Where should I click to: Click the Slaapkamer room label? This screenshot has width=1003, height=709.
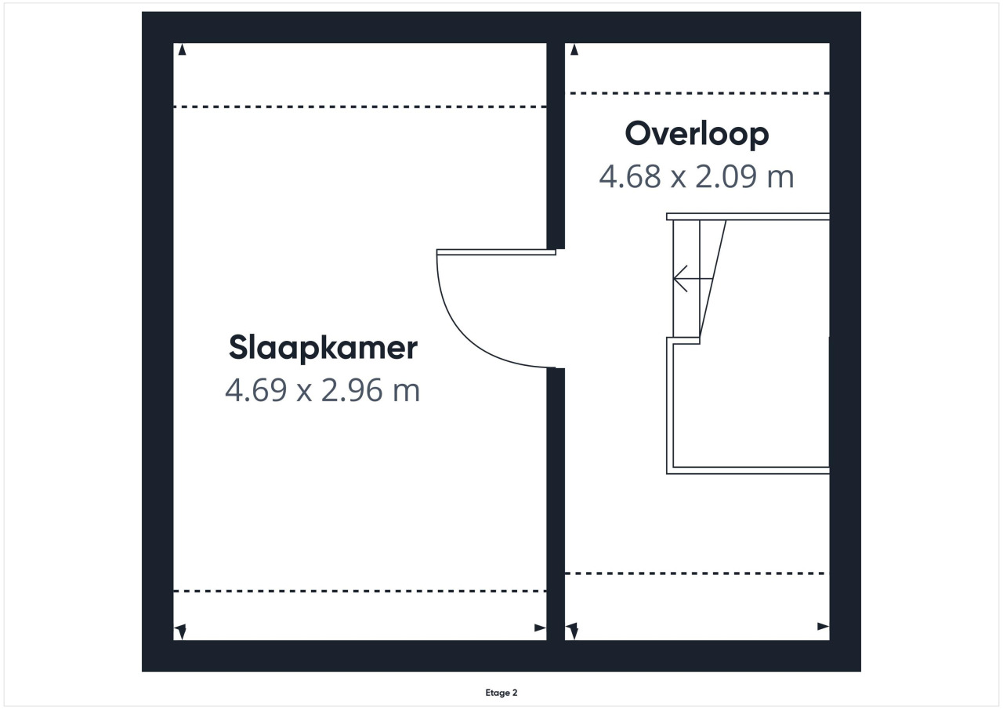323,348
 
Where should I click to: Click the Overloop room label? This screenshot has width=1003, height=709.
697,133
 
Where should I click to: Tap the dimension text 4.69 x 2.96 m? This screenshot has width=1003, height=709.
322,390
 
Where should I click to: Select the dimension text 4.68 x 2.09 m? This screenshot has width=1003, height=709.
697,176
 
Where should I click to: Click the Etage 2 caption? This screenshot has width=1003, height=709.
501,693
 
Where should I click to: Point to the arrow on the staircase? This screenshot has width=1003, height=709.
693,278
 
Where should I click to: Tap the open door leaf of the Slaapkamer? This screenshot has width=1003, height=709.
496,252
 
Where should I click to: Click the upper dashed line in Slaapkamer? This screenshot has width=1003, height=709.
360,107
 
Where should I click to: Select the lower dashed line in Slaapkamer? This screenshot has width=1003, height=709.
360,591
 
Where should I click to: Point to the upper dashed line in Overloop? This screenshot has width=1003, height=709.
700,93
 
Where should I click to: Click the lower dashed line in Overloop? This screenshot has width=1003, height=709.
697,573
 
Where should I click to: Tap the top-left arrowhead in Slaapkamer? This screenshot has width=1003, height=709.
182,49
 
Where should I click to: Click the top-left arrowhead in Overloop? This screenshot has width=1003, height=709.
574,49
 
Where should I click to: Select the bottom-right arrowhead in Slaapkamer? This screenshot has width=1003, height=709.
540,628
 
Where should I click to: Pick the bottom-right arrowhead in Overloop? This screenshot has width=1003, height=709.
823,626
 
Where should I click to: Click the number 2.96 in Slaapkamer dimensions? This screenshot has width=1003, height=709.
352,390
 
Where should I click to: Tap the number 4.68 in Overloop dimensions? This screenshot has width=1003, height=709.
629,176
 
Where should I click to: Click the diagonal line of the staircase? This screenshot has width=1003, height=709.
712,278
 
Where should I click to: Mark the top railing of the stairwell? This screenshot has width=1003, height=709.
748,217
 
